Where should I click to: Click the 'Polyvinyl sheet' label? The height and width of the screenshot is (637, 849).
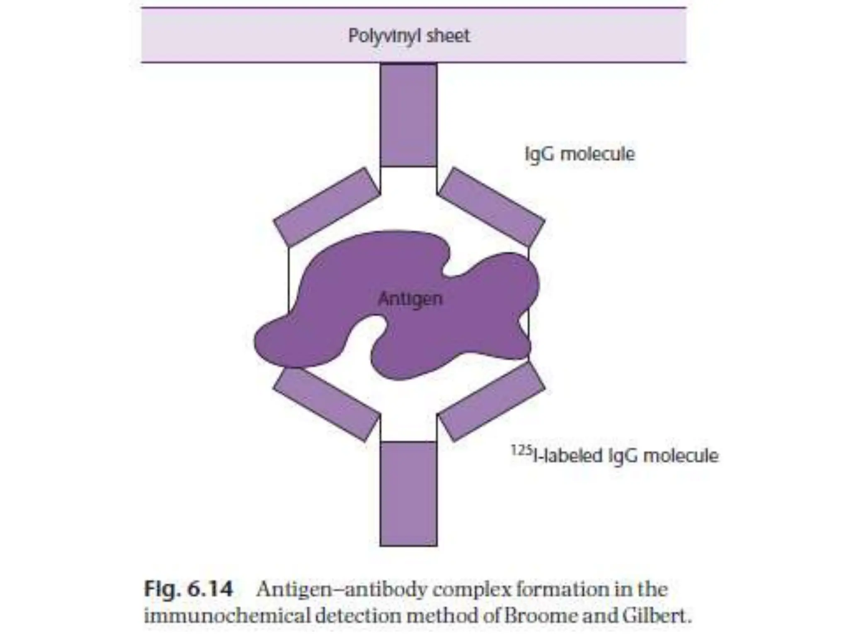coord(409,36)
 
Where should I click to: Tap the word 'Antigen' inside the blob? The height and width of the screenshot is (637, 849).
coord(410,299)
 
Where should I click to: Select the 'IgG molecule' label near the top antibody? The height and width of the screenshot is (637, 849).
coord(580,154)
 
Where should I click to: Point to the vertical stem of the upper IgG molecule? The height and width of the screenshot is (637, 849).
coord(408,115)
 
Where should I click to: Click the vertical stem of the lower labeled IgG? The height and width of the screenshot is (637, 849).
coord(408,494)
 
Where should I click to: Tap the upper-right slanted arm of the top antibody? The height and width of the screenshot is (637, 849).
coord(492,207)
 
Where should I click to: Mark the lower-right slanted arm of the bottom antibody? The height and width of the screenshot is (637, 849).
coord(492,404)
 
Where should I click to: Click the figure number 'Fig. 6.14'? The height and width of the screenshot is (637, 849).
coord(189,589)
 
